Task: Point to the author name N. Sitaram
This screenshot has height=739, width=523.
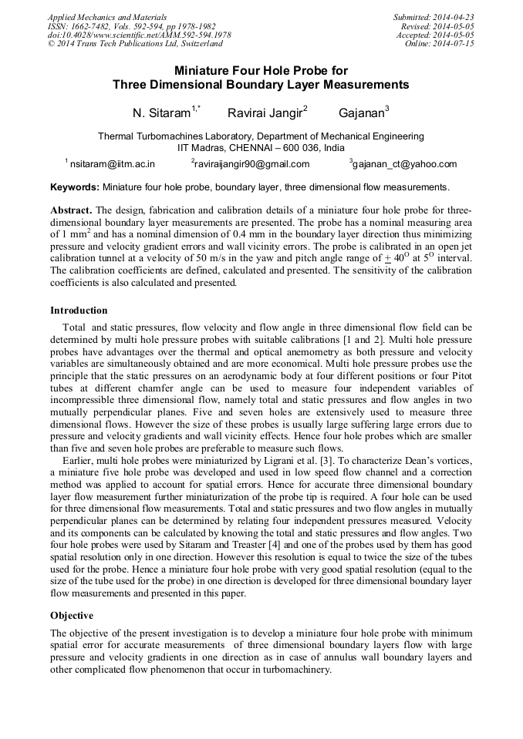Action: [161, 113]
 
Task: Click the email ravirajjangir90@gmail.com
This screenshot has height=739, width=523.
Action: [252, 164]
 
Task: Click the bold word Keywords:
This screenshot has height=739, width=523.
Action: [75, 187]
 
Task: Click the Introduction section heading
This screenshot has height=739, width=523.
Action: [79, 311]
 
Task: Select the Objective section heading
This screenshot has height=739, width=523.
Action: [72, 616]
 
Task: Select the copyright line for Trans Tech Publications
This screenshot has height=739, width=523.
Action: [135, 44]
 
